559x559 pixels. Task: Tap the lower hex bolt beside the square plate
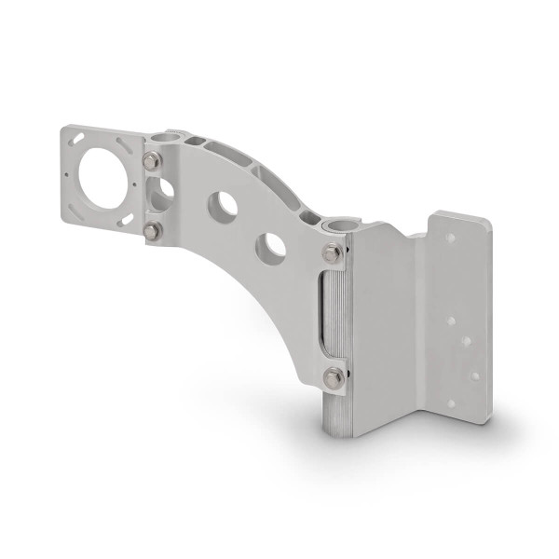[152, 230]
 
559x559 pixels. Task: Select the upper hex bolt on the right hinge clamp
[333, 252]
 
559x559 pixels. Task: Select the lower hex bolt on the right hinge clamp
[334, 377]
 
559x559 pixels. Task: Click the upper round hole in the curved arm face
[221, 206]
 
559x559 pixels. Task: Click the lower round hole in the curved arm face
[271, 248]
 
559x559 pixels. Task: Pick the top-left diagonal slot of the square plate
[78, 139]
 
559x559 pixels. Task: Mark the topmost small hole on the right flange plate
[451, 239]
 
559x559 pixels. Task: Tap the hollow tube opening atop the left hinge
[165, 138]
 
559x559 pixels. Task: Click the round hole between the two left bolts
[163, 195]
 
